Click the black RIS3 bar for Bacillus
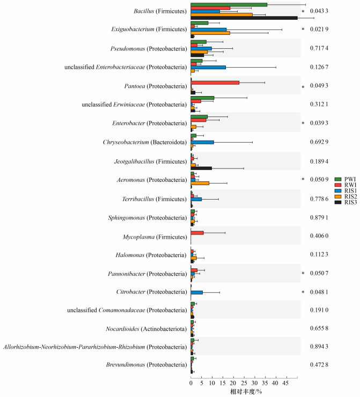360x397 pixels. (244, 18)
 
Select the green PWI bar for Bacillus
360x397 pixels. (229, 5)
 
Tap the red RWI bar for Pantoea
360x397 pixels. (215, 83)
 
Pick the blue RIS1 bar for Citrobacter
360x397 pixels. (197, 292)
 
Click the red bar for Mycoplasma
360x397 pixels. (197, 233)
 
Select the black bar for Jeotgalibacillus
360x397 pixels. (201, 168)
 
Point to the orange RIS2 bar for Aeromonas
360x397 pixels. (200, 183)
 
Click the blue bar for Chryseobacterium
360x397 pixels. (202, 142)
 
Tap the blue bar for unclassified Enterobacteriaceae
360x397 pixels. (208, 68)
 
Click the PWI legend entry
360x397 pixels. (346, 179)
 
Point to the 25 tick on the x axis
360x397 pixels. (244, 379)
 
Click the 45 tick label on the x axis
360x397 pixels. (285, 383)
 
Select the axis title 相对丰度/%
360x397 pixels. (246, 392)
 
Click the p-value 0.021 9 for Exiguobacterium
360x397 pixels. (319, 29)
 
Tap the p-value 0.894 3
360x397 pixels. (319, 347)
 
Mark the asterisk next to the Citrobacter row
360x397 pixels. (303, 292)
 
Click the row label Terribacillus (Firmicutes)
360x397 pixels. (154, 199)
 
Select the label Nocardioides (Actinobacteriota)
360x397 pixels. (146, 329)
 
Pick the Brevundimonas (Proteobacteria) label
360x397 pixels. (146, 365)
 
